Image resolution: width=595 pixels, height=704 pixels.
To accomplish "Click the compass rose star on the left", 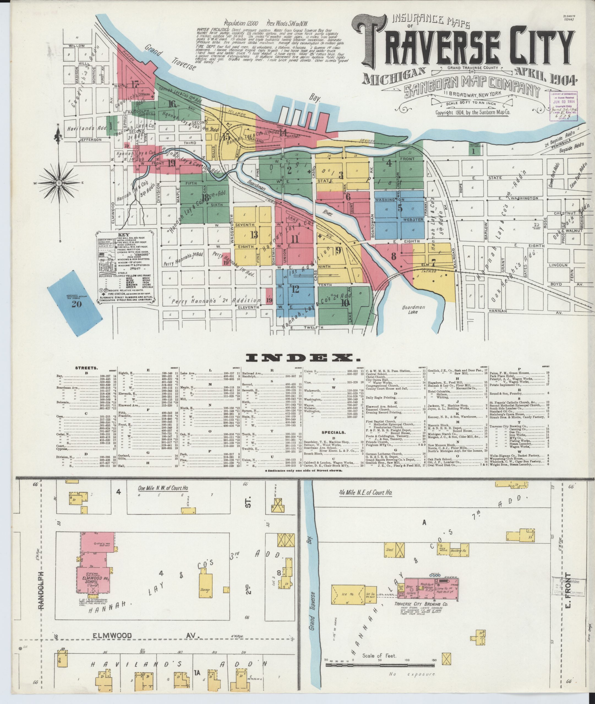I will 59,183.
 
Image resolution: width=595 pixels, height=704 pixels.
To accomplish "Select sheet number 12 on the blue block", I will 296,289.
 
